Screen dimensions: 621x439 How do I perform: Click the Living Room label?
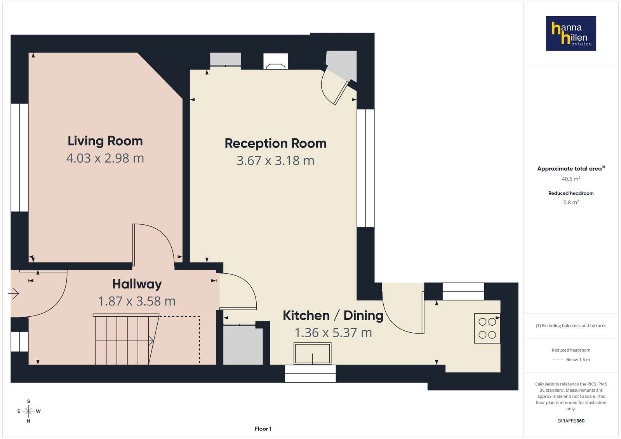pos(105,141)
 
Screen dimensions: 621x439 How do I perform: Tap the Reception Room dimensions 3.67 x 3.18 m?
pos(275,161)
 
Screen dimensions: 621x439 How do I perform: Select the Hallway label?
pos(137,285)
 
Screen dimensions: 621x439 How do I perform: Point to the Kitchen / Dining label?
pos(333,316)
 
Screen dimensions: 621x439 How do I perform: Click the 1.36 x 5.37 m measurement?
pos(333,333)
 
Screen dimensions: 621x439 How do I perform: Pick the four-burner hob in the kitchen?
pos(487,328)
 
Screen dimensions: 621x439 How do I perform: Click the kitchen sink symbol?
pos(312,354)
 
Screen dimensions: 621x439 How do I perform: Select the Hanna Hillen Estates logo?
pos(571,33)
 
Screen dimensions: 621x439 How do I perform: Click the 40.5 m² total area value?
pos(571,179)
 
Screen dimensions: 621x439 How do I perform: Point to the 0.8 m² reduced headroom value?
pos(571,202)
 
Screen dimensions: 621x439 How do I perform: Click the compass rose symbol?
pos(29,411)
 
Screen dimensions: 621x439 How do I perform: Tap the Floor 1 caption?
pos(263,429)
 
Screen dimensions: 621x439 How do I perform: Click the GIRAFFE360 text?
pos(571,421)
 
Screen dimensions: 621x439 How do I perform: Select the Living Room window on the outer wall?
pos(19,158)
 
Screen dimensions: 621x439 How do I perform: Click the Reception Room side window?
pos(365,168)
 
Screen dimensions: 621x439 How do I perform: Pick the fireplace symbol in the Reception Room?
pos(275,61)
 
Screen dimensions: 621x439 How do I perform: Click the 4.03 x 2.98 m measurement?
pos(105,158)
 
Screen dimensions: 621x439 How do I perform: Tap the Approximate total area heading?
pos(571,168)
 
